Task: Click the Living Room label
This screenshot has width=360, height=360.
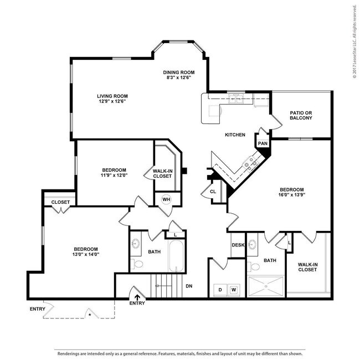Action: [x=112, y=95]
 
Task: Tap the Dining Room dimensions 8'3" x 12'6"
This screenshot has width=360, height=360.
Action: [x=179, y=79]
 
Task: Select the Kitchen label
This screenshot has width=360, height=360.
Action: [x=235, y=135]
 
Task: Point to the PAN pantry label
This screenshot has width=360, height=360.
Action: [x=263, y=143]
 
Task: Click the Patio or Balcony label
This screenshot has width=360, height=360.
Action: [x=301, y=115]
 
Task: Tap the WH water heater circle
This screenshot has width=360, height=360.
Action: [x=166, y=199]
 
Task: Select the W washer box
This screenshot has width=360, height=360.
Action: [x=234, y=290]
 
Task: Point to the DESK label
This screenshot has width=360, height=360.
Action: [x=238, y=245]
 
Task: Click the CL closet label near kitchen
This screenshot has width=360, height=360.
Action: [x=212, y=192]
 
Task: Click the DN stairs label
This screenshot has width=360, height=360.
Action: [x=189, y=286]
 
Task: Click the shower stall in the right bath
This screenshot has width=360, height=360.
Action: [x=265, y=287]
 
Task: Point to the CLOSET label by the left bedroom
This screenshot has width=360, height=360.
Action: [x=60, y=202]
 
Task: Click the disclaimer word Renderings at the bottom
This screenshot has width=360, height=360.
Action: [x=71, y=353]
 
